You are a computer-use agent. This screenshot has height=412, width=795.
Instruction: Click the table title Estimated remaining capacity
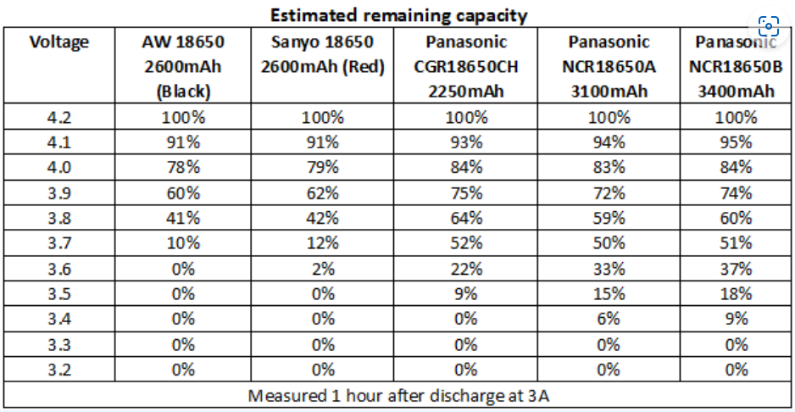pos(398,14)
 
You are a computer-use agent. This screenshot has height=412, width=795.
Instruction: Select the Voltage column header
pos(58,42)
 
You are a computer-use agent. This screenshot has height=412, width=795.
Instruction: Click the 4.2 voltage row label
pos(58,117)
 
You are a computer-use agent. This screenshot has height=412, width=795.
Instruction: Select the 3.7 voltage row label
pos(58,243)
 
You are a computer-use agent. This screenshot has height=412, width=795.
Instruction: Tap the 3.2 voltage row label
pos(58,369)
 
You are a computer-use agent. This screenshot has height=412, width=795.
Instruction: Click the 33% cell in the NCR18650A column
pos(609,269)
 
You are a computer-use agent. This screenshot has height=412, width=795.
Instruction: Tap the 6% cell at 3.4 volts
pos(609,319)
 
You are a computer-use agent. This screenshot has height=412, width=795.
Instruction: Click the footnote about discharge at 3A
pos(398,395)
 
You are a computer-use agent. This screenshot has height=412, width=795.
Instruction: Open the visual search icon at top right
pos(769,25)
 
